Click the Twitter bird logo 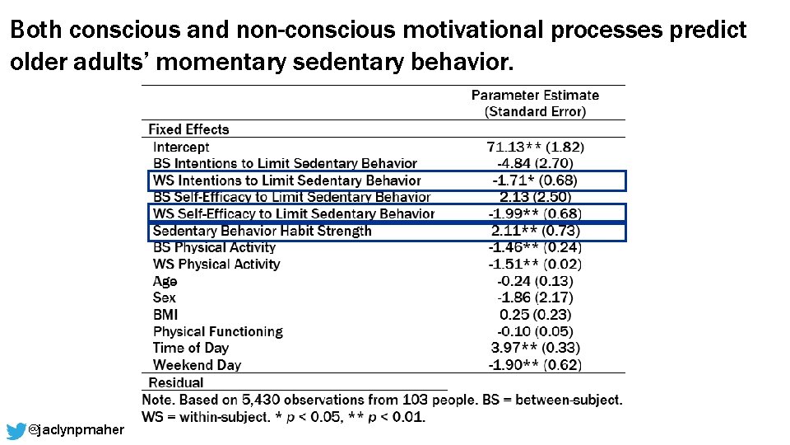click(x=16, y=431)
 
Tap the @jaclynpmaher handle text click(x=76, y=430)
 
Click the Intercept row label click(x=181, y=147)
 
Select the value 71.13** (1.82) click(x=535, y=147)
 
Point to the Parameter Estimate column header click(x=535, y=96)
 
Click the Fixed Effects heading click(x=188, y=129)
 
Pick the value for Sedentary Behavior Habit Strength click(x=535, y=231)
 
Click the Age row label click(x=165, y=281)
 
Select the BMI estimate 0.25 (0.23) click(x=535, y=315)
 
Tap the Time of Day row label click(x=190, y=348)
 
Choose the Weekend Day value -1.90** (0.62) click(x=535, y=365)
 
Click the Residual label click(x=175, y=382)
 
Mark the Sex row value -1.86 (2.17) click(x=535, y=297)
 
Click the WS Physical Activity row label click(x=216, y=265)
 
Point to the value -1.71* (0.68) click(x=535, y=180)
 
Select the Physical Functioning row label click(x=217, y=331)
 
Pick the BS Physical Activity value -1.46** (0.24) click(x=535, y=247)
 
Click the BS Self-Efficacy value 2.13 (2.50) click(x=535, y=197)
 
